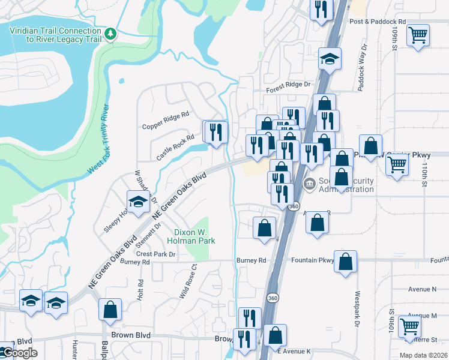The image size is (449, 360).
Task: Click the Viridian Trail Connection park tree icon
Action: (110, 34)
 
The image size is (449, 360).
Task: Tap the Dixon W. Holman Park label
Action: (194, 236)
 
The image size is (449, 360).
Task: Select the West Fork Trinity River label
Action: (98, 140)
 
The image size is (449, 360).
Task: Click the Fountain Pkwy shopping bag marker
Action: (345, 262)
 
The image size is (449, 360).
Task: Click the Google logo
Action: (20, 353)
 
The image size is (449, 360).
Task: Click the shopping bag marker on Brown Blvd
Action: (110, 310)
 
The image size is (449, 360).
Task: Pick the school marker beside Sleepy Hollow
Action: (137, 202)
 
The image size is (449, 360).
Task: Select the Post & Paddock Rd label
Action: (377, 22)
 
